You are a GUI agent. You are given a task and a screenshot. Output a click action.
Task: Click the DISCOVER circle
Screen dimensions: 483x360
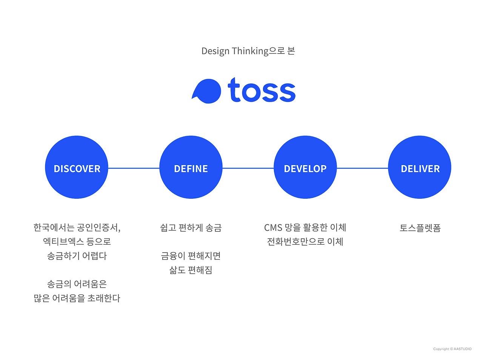click(77, 167)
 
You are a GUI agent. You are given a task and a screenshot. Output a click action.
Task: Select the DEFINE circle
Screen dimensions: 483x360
click(191, 167)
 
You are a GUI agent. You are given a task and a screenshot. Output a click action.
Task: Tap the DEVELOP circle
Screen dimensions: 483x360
click(305, 167)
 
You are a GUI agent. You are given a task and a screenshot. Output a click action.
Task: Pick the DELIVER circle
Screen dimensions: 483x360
click(420, 167)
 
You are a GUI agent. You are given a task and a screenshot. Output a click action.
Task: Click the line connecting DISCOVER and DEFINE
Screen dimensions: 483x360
click(134, 168)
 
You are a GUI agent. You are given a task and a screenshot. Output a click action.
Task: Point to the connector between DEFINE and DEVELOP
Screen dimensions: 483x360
click(248, 168)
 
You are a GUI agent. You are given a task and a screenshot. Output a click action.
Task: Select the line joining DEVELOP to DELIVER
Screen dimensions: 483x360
click(362, 168)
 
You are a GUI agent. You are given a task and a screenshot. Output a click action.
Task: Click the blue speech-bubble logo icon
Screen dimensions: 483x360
click(206, 91)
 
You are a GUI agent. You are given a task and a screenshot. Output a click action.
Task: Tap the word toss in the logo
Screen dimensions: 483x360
click(261, 90)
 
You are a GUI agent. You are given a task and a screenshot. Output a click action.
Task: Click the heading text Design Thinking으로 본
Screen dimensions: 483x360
click(248, 51)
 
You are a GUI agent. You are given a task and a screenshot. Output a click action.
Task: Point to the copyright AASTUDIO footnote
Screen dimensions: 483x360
click(452, 349)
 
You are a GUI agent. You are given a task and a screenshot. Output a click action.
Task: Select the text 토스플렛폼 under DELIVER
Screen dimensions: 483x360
click(420, 228)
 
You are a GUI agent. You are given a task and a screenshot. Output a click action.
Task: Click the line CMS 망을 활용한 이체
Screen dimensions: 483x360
click(305, 228)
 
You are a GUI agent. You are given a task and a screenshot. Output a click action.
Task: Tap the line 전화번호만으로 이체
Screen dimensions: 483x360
click(305, 242)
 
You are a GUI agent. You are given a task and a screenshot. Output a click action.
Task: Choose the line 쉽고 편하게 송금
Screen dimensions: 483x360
click(191, 228)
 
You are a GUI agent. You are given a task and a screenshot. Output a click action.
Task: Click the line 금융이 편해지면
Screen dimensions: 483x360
click(191, 256)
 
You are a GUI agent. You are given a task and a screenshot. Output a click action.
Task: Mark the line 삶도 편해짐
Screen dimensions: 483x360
click(191, 270)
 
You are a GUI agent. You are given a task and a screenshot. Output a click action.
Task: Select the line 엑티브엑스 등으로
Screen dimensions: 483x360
click(77, 242)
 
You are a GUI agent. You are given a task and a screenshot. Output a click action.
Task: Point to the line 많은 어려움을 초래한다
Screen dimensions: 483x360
click(77, 298)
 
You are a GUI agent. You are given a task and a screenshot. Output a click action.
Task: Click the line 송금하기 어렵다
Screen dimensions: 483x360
click(77, 256)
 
